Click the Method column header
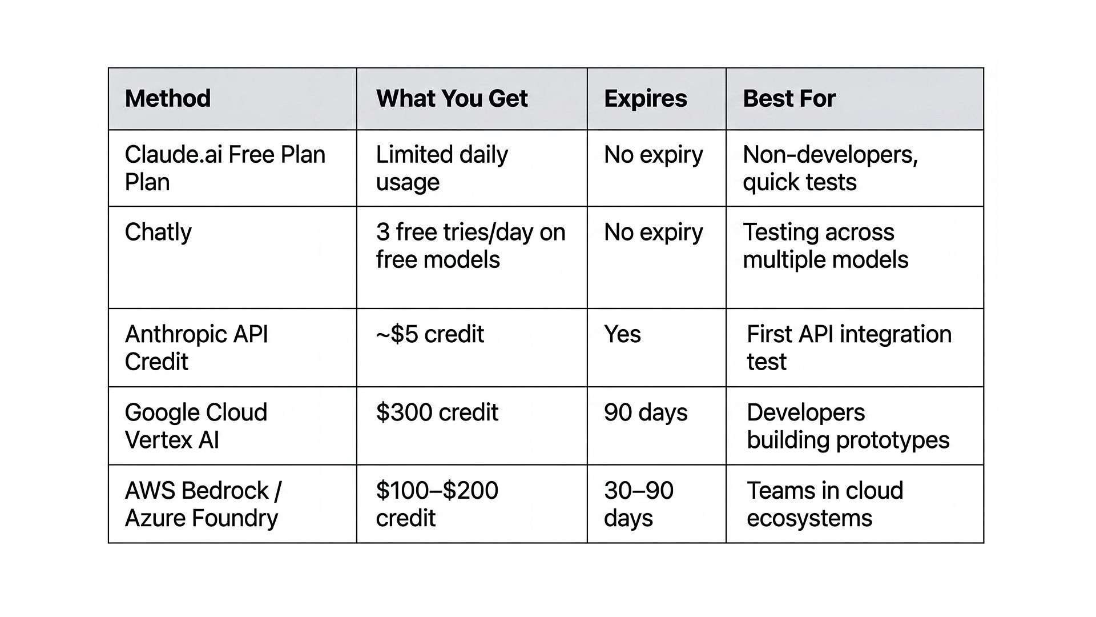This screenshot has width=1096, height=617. coord(168,99)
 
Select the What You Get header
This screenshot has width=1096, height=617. coord(452,99)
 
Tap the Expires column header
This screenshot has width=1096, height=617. coord(645,99)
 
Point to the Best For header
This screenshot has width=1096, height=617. coord(789,99)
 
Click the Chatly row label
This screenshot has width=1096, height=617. coord(158,232)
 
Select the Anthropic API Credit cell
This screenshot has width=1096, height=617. coord(196,347)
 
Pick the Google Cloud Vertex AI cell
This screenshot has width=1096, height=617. coord(196,426)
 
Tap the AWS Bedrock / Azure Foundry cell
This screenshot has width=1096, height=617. coord(203,504)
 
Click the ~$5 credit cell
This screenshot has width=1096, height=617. coord(430,334)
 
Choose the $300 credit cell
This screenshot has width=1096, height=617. coord(437,412)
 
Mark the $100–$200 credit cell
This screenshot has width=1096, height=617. coord(437,504)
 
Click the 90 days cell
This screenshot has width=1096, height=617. coord(646,412)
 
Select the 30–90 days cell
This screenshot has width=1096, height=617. coord(638,504)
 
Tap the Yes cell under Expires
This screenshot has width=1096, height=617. coord(622,334)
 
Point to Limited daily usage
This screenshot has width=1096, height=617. coord(441,168)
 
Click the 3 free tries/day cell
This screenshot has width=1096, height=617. coord(470,246)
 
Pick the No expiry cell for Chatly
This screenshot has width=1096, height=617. coord(653,232)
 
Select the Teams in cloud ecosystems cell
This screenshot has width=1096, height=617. coord(825,504)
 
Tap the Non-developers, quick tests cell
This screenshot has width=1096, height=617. coord(830,168)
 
